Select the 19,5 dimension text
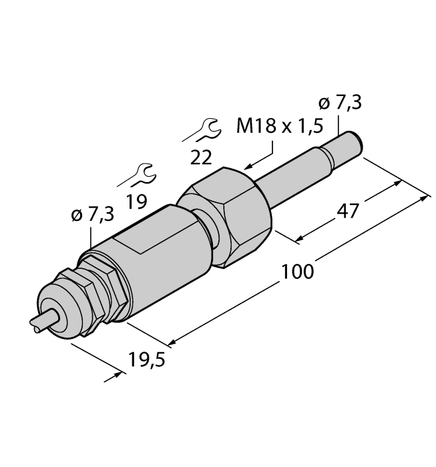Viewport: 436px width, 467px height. (x=146, y=360)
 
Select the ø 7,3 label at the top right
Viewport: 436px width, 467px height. (x=341, y=104)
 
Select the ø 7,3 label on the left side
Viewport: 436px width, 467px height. (x=91, y=215)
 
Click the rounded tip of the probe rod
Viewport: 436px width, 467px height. (x=354, y=143)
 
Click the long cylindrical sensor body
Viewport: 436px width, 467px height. (x=157, y=260)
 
